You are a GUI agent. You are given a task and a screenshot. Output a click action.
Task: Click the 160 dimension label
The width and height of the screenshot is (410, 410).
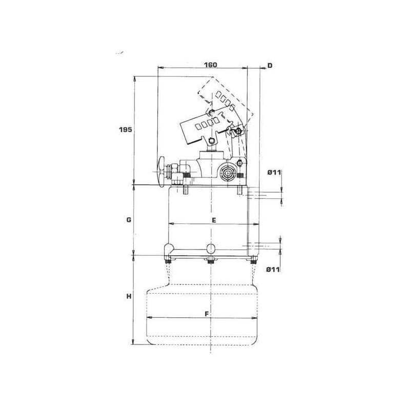211,65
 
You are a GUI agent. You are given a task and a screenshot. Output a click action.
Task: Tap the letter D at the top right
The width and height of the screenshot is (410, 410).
270,66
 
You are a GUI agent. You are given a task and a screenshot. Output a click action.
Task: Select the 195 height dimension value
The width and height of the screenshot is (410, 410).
126,130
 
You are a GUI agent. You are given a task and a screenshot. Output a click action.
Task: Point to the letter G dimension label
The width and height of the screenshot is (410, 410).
129,220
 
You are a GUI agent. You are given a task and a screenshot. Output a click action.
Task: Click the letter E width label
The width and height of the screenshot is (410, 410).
214,220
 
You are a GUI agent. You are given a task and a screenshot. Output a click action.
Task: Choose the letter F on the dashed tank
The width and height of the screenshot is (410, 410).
207,314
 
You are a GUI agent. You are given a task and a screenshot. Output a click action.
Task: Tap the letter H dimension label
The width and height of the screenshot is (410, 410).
129,297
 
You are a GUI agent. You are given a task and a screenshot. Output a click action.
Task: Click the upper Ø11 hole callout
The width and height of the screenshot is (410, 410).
274,172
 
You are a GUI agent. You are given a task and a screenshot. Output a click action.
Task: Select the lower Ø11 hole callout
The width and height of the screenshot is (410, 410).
273,270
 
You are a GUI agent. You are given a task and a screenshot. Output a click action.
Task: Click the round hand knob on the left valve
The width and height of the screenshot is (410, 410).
161,171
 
